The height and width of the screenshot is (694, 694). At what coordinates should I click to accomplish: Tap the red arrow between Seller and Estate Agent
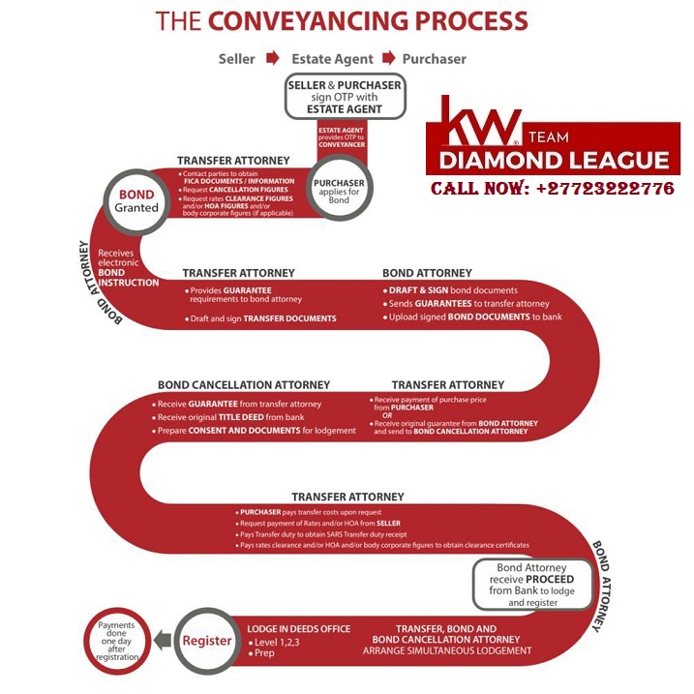(x=274, y=59)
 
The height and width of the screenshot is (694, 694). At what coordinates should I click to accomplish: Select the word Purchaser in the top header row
(x=435, y=59)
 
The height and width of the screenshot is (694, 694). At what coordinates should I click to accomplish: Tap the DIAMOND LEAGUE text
(x=554, y=160)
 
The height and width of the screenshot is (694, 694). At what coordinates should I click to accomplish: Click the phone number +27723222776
(x=553, y=189)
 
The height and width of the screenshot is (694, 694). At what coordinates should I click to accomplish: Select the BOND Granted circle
(x=136, y=200)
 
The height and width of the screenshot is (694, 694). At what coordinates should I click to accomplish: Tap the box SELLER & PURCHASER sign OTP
(x=345, y=97)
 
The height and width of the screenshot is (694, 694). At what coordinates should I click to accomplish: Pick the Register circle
(x=207, y=641)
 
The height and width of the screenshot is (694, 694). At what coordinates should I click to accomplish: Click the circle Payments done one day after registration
(x=116, y=641)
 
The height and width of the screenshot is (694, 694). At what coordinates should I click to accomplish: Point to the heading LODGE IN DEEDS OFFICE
(x=296, y=629)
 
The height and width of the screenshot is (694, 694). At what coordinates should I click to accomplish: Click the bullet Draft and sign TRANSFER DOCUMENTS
(x=264, y=318)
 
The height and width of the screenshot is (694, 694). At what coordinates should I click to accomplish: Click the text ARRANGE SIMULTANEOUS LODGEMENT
(x=447, y=651)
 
